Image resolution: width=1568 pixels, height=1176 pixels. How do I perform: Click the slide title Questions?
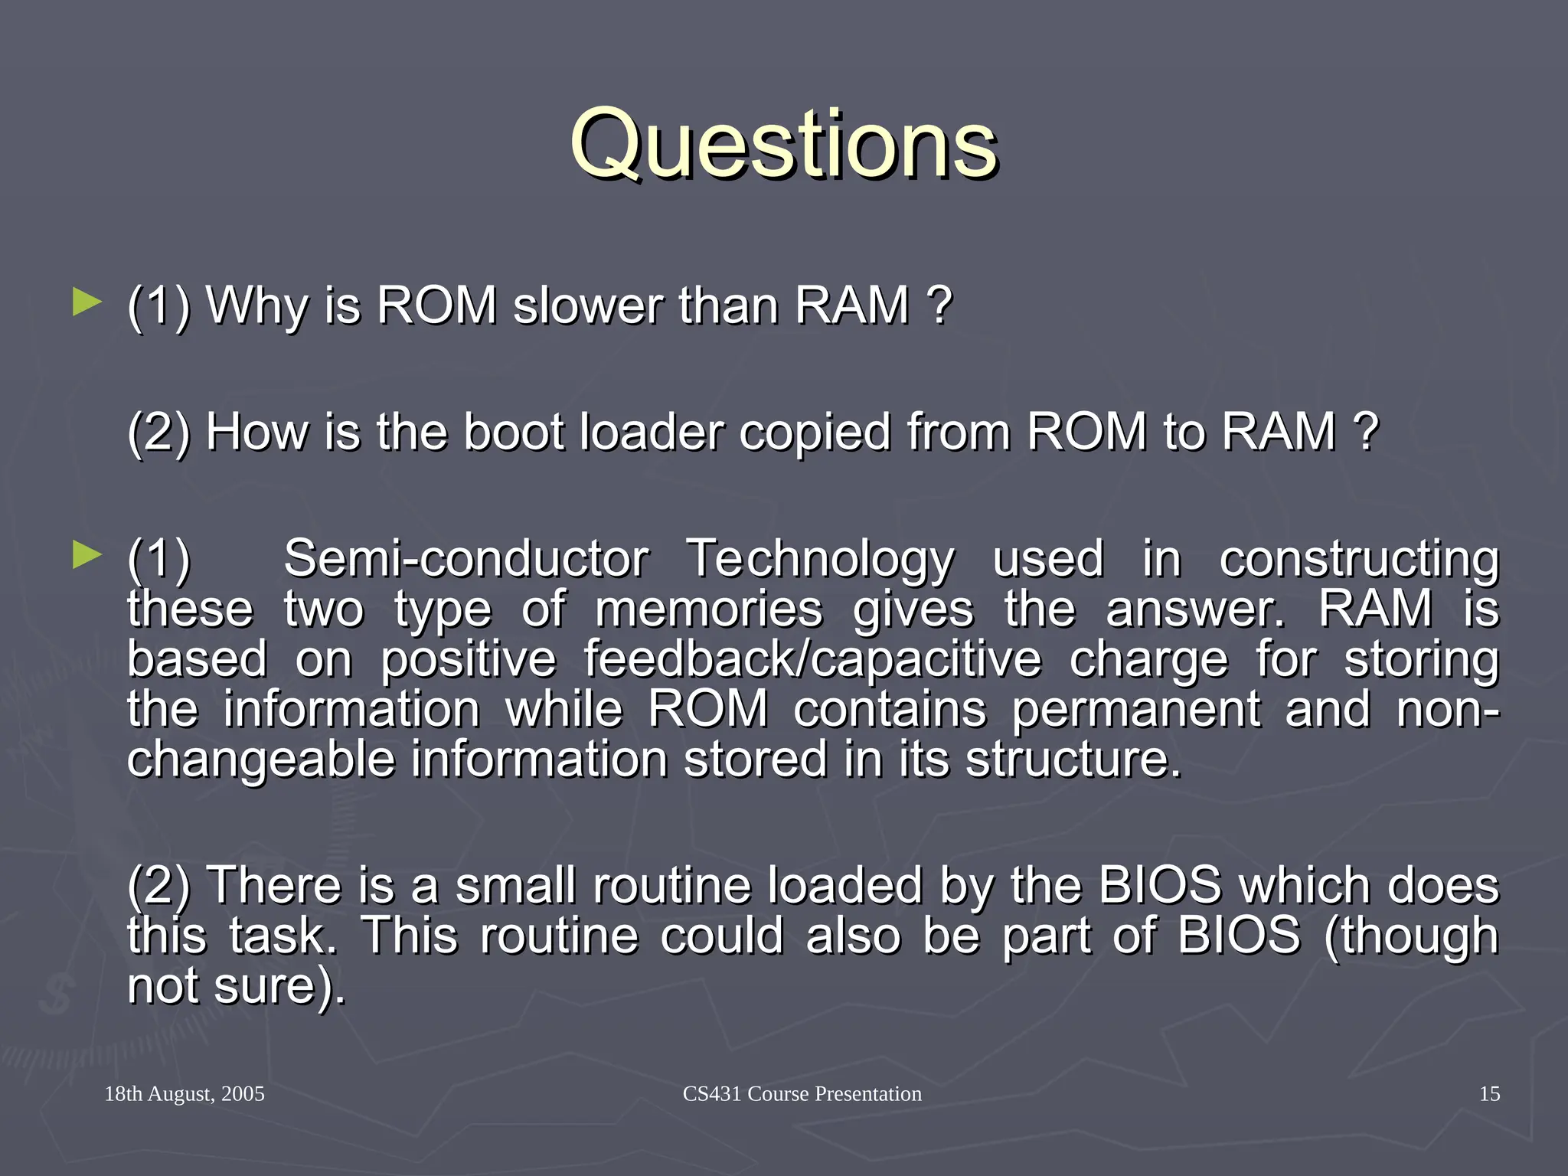point(783,144)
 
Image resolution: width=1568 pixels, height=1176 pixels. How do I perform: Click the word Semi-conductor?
point(466,558)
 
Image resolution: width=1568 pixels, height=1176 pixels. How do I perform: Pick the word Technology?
point(820,560)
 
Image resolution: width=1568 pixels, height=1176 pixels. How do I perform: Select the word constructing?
point(1358,560)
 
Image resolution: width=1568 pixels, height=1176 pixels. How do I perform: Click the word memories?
point(708,609)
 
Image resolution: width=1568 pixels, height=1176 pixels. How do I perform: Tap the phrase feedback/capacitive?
point(812,659)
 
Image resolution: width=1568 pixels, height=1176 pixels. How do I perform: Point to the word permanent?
point(1135,709)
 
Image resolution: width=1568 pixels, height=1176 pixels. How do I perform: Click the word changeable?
point(260,760)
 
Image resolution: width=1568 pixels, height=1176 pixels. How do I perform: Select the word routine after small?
point(679,885)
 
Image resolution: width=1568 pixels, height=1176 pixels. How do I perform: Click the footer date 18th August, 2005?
point(185,1093)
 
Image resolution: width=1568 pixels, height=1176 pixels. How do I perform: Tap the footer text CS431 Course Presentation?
point(802,1093)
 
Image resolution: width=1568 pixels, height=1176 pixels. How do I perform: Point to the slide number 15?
point(1489,1093)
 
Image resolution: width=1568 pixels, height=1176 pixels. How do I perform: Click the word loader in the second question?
point(651,432)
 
